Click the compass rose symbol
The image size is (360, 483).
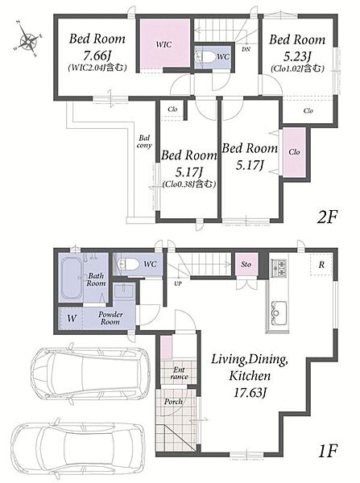coord(27,39)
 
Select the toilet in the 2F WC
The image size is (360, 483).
coord(206,56)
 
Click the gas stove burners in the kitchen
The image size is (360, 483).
coord(279,267)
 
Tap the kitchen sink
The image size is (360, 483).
coord(279,312)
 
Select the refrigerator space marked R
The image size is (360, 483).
coord(321,264)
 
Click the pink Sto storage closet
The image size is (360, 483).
coord(246,264)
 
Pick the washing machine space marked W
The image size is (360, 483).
coord(71,318)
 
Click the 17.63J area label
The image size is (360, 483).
coord(250,393)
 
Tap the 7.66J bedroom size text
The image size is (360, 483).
coord(97,56)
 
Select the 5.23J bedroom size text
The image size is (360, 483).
coord(297,56)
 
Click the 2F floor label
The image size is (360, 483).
coord(328,217)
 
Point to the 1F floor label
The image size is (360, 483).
coord(328,451)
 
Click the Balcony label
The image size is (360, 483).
coord(144,142)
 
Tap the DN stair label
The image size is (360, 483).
coord(246,48)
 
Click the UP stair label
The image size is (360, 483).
coord(178,284)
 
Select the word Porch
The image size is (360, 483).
coord(173,402)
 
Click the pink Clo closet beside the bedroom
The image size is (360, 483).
coord(294,152)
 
